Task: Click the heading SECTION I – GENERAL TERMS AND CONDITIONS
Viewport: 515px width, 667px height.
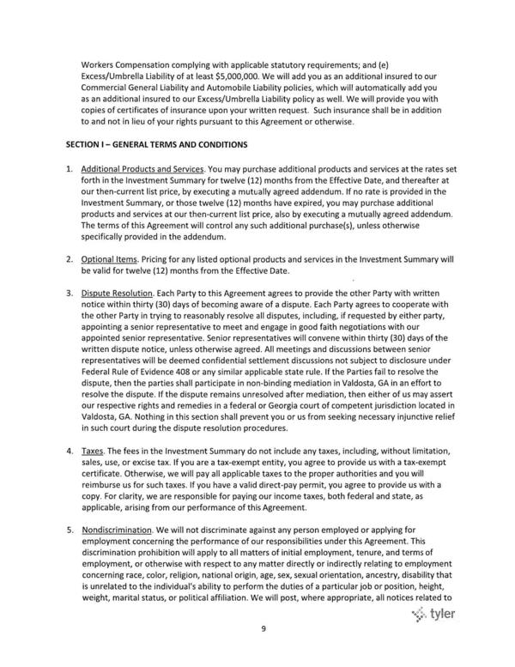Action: [x=150, y=142]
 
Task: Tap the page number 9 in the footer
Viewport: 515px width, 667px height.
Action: [x=264, y=652]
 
